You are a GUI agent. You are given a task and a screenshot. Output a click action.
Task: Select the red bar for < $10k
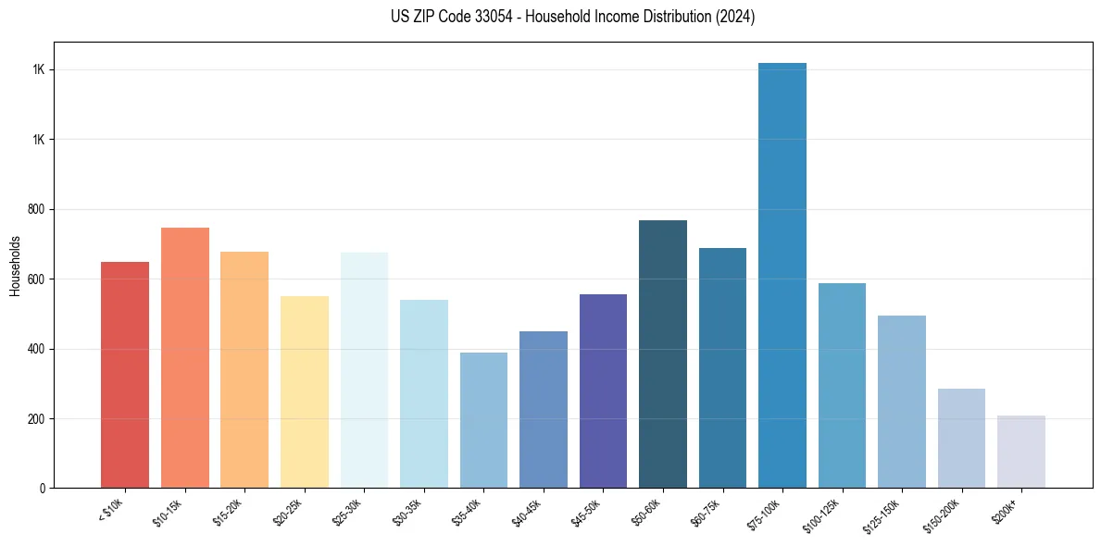click(125, 375)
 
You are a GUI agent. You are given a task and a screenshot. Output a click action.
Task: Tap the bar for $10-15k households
click(184, 357)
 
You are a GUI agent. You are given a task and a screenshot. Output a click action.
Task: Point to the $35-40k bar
click(483, 420)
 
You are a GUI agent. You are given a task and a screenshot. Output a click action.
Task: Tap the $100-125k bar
click(842, 385)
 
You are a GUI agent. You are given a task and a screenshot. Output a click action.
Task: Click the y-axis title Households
click(15, 265)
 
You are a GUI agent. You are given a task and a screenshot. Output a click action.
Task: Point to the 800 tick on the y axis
click(38, 210)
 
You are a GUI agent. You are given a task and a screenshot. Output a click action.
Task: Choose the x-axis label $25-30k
click(346, 513)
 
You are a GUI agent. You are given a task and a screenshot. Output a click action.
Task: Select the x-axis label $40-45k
click(526, 513)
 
